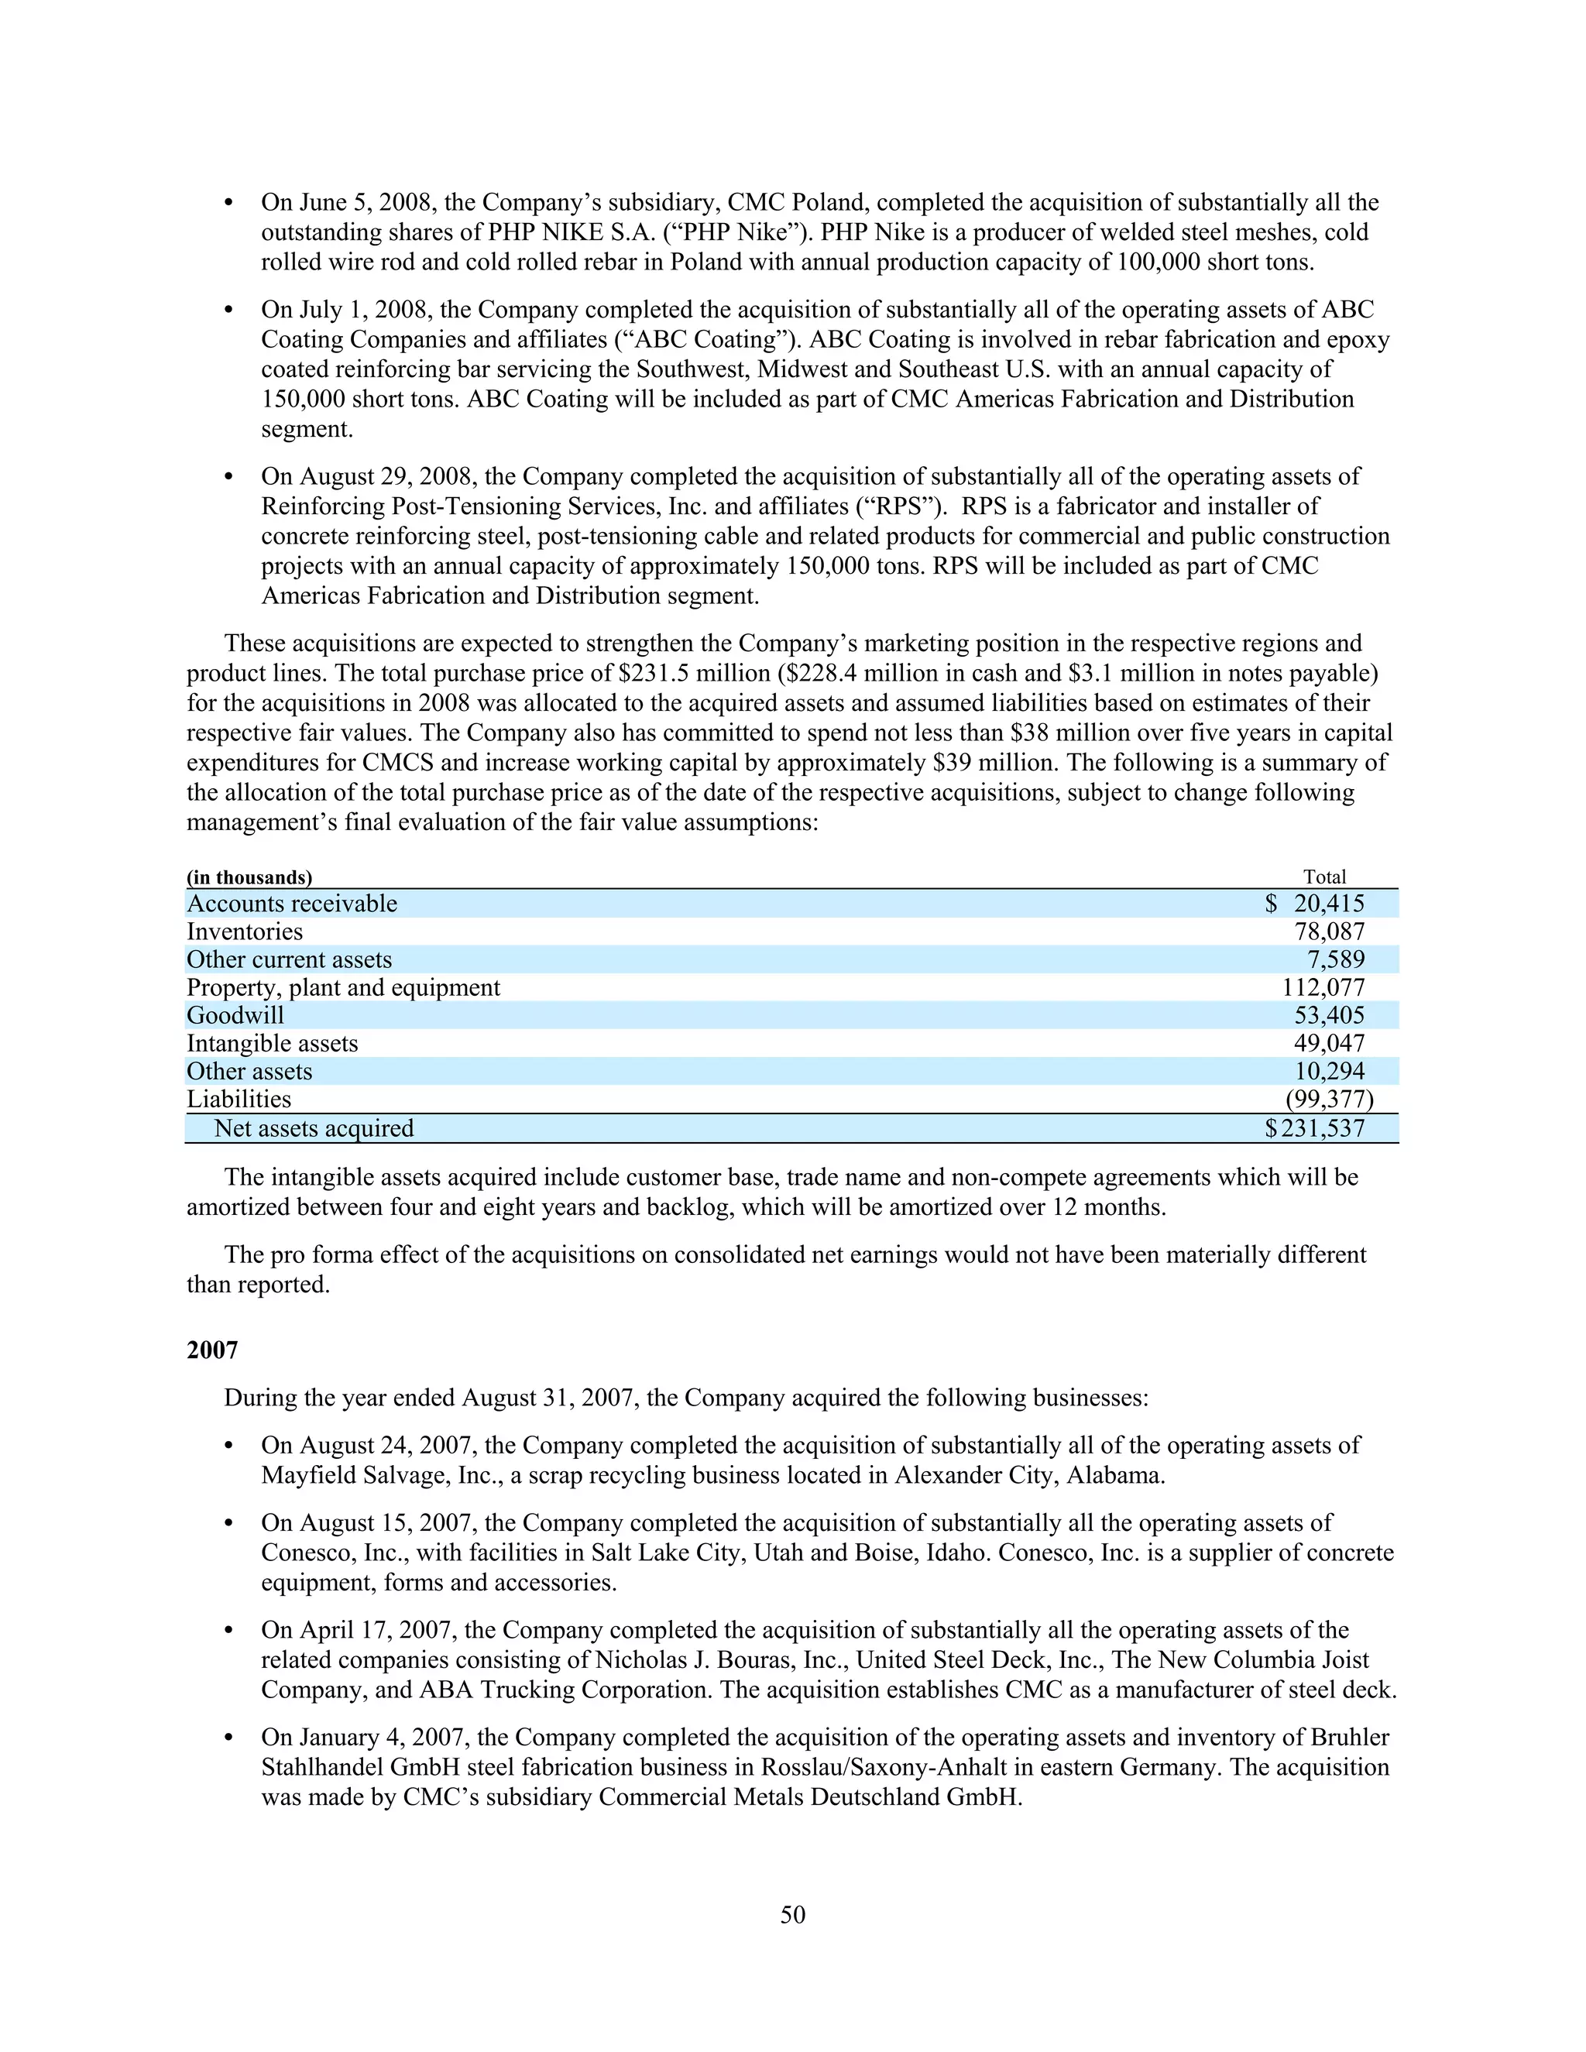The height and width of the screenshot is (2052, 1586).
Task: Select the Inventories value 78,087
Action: [1329, 932]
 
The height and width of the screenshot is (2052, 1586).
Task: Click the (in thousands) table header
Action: [249, 877]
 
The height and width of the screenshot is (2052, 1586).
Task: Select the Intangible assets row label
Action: [273, 1044]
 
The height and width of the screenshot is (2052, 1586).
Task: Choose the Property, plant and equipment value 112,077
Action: [1323, 987]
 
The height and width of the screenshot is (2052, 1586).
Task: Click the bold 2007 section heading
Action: [212, 1350]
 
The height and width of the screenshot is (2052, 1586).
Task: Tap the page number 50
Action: [792, 1915]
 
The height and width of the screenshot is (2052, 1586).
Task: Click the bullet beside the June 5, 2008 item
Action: [228, 204]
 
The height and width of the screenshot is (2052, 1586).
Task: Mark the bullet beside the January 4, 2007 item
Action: [228, 1738]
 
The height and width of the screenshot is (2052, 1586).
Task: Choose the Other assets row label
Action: [249, 1072]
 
